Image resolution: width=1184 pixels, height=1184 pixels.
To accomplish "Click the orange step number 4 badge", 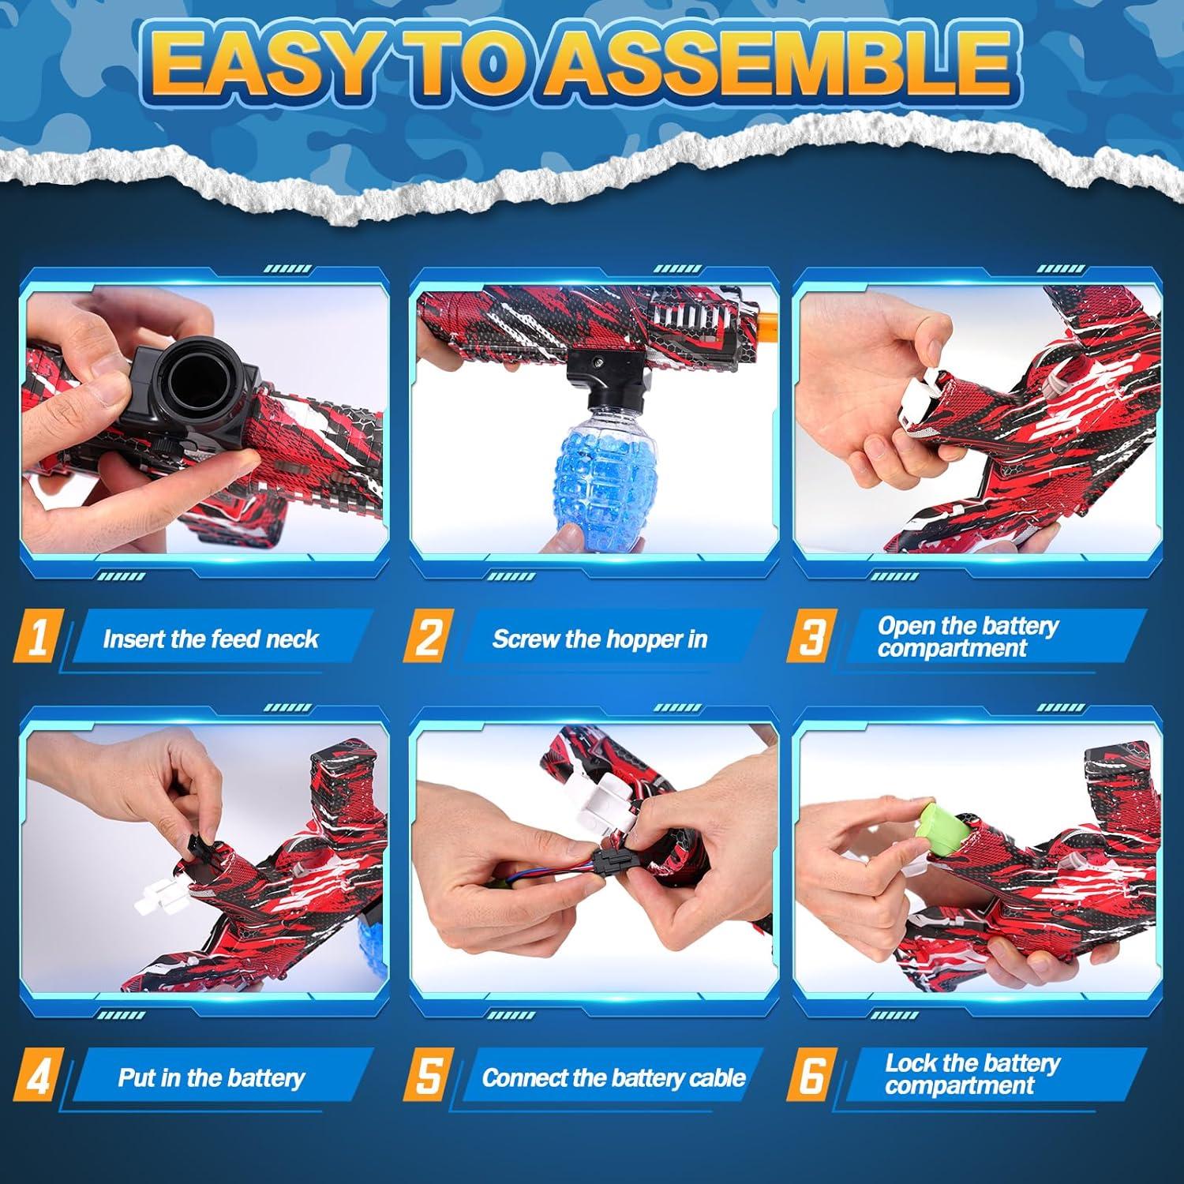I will [36, 1076].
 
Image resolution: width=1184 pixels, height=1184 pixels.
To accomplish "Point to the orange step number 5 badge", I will [427, 1076].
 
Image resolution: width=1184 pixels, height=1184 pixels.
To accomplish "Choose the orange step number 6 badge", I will [811, 1076].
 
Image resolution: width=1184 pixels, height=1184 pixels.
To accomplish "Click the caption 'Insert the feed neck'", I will [211, 639].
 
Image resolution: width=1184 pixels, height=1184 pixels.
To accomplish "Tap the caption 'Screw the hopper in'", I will [600, 639].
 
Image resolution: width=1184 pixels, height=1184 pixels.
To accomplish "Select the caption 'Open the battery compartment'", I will [967, 637].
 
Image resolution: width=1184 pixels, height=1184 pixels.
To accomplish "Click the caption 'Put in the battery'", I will [212, 1077].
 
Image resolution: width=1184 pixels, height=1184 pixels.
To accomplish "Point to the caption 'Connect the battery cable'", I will [613, 1077].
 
